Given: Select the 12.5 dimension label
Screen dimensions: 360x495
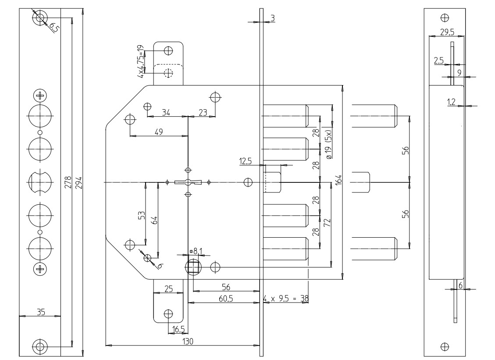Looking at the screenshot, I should pos(246,162).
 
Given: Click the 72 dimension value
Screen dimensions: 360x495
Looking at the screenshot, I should pos(326,222).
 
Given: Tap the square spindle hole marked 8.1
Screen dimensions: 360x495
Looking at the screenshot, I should pos(193,267).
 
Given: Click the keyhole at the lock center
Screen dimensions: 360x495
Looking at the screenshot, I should pos(188,182).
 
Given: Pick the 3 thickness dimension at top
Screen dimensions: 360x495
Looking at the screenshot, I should pos(272,18).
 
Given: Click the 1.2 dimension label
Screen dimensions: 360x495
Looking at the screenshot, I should pos(451,102).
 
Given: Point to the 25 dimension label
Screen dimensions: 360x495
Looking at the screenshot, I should pos(168,289).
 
